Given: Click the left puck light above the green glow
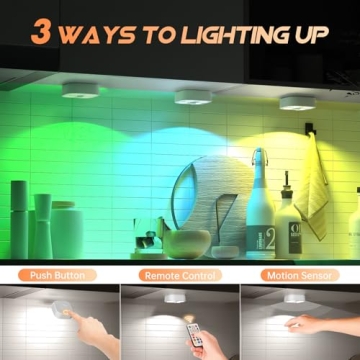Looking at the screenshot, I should [x=80, y=91].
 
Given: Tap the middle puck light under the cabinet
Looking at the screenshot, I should [x=193, y=96].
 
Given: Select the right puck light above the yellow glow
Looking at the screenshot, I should [x=298, y=101].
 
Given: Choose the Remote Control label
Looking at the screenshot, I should [x=179, y=274].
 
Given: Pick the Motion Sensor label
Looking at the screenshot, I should [x=300, y=274].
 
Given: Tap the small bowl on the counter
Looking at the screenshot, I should [x=187, y=243].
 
